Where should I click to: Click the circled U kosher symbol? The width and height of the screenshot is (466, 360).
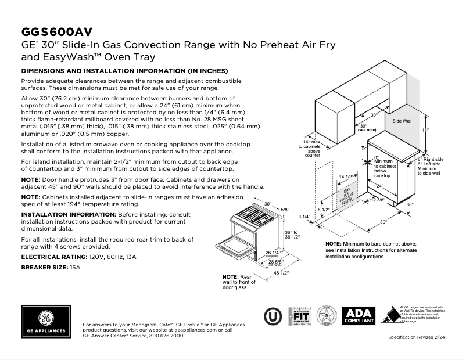coord(272,316)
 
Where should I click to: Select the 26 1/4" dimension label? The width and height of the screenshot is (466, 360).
coord(273,253)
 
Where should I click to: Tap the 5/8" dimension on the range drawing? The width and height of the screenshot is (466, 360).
coord(284,209)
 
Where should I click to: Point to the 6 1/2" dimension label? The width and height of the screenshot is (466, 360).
coord(324,209)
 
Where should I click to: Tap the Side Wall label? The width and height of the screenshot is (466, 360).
coord(402,121)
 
